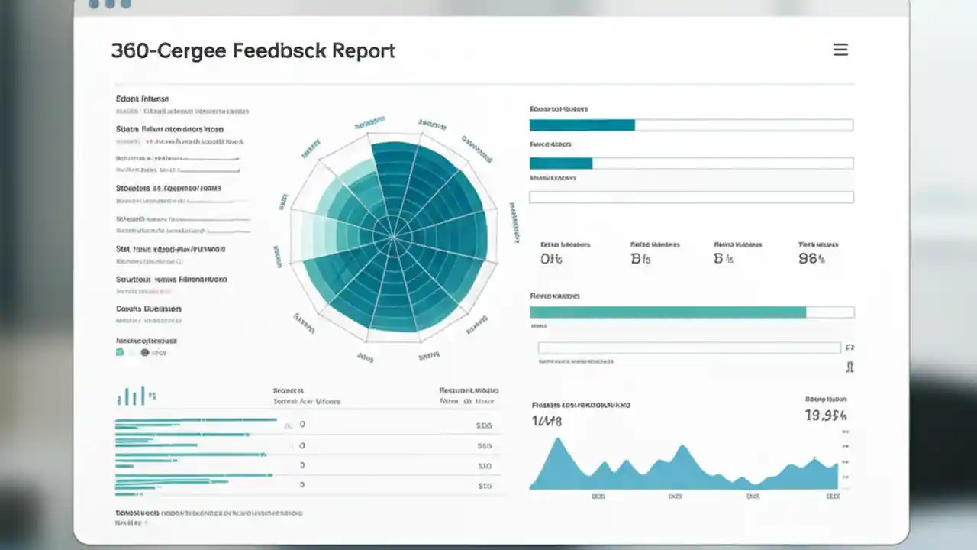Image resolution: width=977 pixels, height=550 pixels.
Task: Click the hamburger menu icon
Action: pyautogui.click(x=840, y=50)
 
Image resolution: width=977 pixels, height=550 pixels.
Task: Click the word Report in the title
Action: pyautogui.click(x=364, y=51)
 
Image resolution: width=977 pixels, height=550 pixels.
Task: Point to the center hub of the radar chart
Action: pyautogui.click(x=393, y=237)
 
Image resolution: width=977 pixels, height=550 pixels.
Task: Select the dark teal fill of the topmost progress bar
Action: pyautogui.click(x=582, y=125)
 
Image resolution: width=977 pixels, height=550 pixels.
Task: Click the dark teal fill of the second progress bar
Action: pyautogui.click(x=560, y=163)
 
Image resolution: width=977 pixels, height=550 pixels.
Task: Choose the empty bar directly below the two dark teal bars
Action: pyautogui.click(x=691, y=197)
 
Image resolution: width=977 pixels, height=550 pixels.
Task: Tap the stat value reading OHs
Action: pyautogui.click(x=551, y=259)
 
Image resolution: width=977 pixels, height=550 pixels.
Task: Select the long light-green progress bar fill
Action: pyautogui.click(x=668, y=312)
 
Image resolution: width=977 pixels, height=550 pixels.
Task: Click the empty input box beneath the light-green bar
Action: pyautogui.click(x=689, y=348)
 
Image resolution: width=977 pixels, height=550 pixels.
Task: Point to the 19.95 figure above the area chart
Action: pyautogui.click(x=826, y=416)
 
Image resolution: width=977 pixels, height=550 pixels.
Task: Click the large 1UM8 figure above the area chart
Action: pyautogui.click(x=547, y=421)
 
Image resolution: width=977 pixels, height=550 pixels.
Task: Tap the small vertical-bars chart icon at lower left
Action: pyautogui.click(x=131, y=396)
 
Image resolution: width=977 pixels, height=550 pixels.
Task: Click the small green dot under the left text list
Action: pyautogui.click(x=119, y=352)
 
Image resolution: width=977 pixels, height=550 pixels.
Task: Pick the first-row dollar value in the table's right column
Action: pyautogui.click(x=484, y=425)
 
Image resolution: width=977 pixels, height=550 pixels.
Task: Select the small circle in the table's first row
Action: pyautogui.click(x=302, y=424)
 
